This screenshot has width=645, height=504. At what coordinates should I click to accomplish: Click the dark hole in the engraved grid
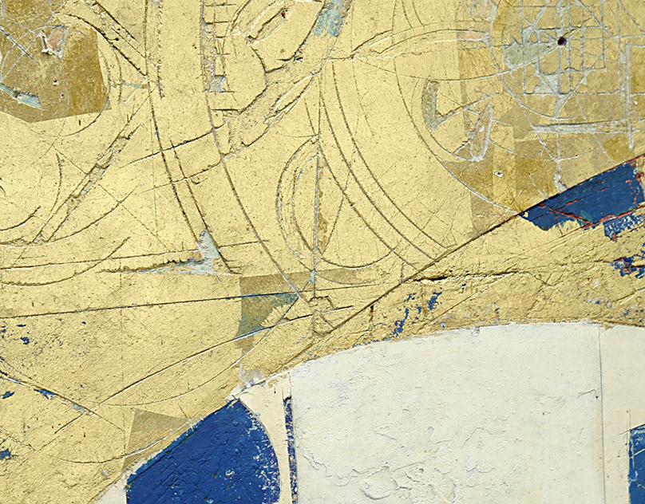pyautogui.click(x=561, y=41)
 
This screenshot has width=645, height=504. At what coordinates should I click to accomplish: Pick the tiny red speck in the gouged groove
pyautogui.click(x=283, y=13)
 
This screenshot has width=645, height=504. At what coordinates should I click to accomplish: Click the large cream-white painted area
pyautogui.click(x=447, y=415)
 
